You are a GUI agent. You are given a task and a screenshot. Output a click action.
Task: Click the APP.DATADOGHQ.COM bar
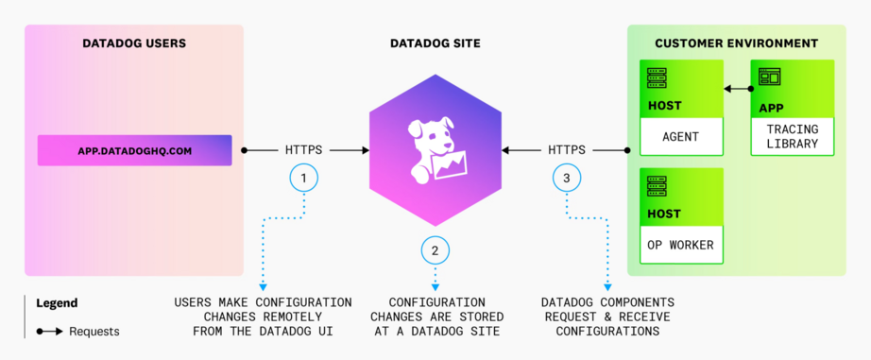point(134,150)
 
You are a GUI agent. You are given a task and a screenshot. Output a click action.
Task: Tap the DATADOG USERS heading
point(134,43)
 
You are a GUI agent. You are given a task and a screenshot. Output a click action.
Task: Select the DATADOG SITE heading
point(435,43)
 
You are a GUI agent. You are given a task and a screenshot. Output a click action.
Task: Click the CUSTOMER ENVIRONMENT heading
point(736,43)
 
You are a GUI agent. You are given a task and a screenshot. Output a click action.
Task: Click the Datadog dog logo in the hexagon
point(435,146)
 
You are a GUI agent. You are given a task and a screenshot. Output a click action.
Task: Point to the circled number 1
point(303,178)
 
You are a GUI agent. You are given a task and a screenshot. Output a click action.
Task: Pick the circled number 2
point(435,250)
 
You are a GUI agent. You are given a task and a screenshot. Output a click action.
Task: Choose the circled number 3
point(566,178)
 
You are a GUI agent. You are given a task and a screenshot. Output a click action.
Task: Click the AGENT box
point(681,136)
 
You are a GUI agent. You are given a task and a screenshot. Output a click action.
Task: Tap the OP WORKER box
point(681,246)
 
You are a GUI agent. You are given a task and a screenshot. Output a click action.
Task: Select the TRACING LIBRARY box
point(793,136)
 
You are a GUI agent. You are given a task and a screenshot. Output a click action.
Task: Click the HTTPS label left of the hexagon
point(303,149)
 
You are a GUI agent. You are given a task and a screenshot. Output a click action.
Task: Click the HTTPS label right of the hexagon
point(566,149)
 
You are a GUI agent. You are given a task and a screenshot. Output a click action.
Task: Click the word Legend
point(57,303)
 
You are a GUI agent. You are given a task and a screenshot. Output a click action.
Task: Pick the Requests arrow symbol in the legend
point(50,332)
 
